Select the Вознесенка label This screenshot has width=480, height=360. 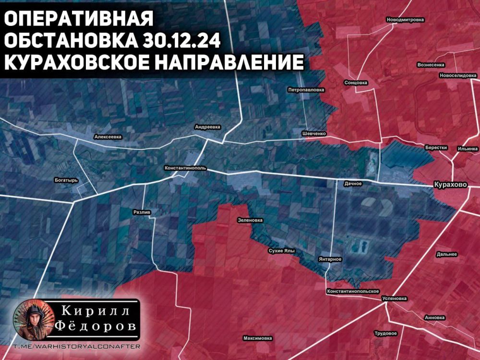pos(431,64)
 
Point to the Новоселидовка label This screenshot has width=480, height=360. pos(458,76)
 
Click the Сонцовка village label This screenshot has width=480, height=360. pos(356,83)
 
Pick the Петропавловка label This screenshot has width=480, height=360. pos(306,90)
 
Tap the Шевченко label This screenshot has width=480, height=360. pos(314,133)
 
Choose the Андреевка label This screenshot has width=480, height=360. pos(207,127)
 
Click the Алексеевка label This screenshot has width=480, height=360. pos(108,137)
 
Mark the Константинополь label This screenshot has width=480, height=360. pos(185,168)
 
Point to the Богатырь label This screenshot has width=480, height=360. pos(66,180)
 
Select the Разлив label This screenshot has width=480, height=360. pos(142,212)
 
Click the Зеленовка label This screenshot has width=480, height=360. pos(250,220)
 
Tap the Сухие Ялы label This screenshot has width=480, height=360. pos(281,251)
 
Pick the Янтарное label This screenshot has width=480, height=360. pos(330,259)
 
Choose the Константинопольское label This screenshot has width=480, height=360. pos(353,291)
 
